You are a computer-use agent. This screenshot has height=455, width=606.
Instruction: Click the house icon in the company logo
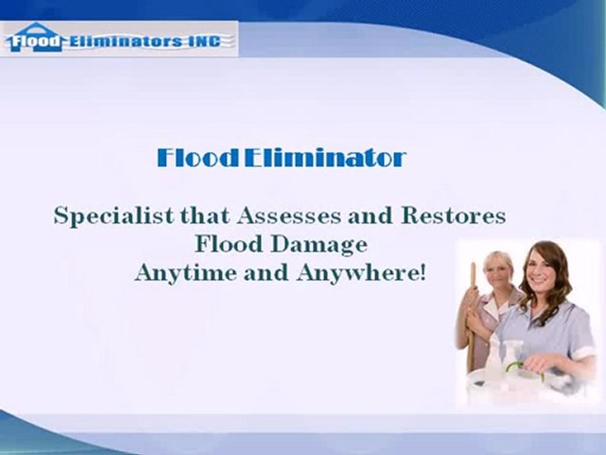coord(36,37)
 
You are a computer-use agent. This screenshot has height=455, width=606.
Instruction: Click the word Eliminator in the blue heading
coord(324,158)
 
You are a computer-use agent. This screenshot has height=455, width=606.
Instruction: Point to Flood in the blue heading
coord(198,158)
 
